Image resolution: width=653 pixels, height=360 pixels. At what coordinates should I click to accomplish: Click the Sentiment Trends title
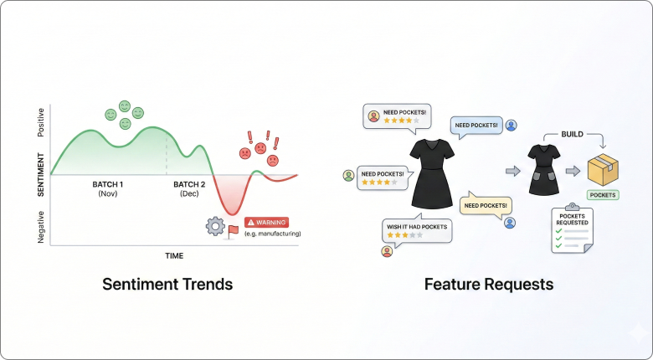tap(167, 284)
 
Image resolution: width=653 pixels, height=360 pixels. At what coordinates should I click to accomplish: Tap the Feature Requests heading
tap(488, 284)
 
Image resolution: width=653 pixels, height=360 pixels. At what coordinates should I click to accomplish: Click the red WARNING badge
tap(265, 223)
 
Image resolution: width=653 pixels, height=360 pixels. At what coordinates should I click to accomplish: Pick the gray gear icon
tap(215, 225)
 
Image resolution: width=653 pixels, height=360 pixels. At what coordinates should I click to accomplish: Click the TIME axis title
tap(173, 255)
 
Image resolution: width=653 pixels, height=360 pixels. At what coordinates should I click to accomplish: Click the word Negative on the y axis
tap(41, 227)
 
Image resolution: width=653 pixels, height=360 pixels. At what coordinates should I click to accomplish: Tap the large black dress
tap(432, 172)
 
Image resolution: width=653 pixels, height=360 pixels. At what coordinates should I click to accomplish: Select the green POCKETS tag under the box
tap(603, 195)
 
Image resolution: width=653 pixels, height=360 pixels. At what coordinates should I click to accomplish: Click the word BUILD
tap(572, 135)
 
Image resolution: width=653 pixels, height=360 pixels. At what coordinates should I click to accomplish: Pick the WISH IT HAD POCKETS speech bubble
tap(416, 231)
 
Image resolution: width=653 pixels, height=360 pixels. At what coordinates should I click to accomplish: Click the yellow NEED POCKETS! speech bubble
tap(486, 205)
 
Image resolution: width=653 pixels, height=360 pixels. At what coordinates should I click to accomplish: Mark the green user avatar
tap(348, 175)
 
